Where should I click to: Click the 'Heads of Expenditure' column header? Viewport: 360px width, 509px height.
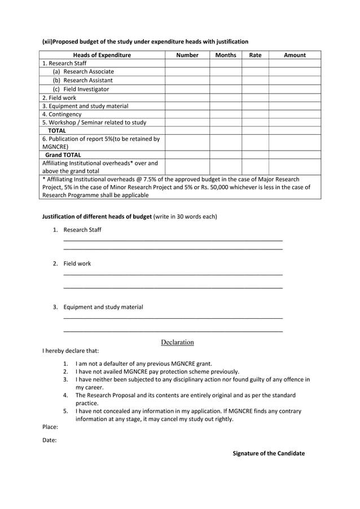click(x=102, y=55)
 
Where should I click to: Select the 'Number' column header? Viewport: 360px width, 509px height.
click(x=187, y=55)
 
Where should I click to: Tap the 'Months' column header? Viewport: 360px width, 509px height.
click(x=226, y=55)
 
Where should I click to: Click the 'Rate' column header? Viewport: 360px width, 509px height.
click(x=255, y=55)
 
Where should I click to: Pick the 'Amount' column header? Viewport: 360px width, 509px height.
click(x=295, y=55)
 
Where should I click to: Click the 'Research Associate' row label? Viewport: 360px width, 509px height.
click(x=88, y=72)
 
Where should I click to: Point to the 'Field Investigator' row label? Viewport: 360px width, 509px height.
click(x=86, y=89)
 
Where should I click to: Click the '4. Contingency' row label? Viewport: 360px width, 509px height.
click(x=62, y=114)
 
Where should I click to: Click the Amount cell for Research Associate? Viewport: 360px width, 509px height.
click(x=295, y=72)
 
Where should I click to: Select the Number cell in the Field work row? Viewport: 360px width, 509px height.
click(x=187, y=98)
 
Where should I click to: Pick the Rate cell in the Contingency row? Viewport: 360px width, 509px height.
click(x=255, y=114)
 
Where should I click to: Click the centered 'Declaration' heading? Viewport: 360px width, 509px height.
click(x=177, y=342)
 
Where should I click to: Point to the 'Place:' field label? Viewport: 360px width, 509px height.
click(x=50, y=427)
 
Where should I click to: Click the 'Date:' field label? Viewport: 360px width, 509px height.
click(x=50, y=440)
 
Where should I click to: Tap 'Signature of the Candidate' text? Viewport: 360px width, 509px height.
click(x=269, y=453)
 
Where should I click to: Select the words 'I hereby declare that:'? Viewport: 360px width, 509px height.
click(x=71, y=350)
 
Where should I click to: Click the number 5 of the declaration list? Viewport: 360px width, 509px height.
click(x=65, y=411)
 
